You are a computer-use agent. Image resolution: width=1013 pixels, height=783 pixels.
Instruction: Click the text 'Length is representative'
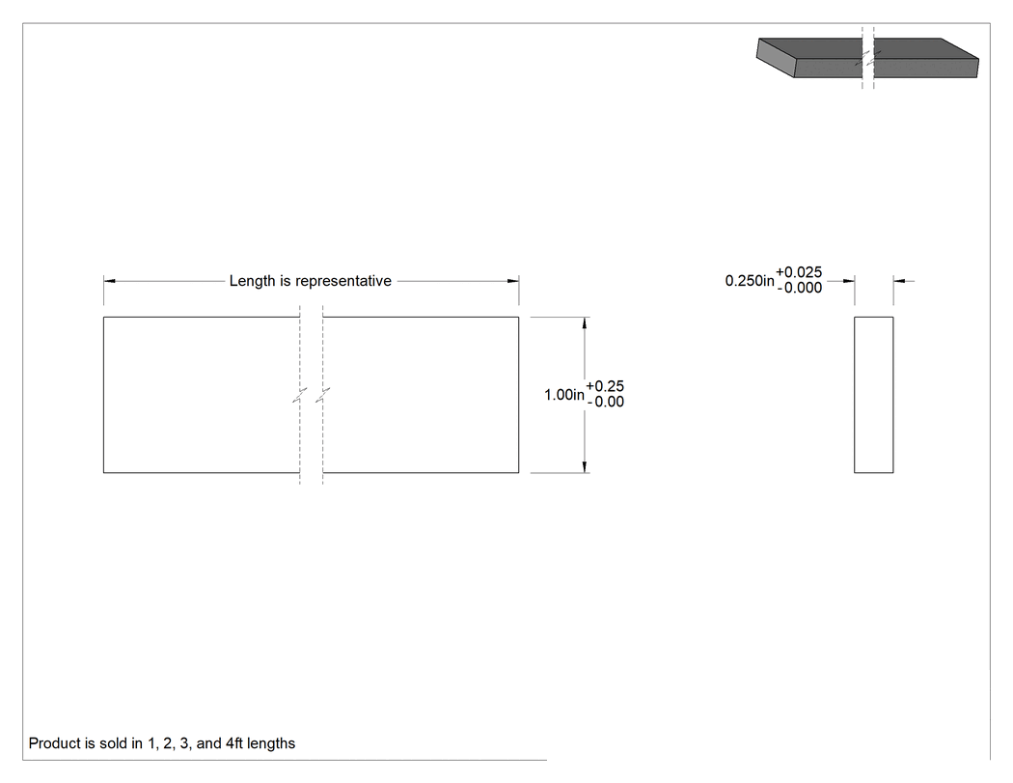coord(310,281)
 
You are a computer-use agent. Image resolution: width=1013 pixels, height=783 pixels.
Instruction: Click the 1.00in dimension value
coord(564,395)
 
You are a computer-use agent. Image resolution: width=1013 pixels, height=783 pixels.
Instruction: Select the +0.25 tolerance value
coord(605,386)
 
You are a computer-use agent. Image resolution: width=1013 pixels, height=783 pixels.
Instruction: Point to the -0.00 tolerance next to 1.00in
coord(605,403)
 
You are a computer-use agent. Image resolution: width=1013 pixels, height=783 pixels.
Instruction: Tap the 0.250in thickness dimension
coord(750,281)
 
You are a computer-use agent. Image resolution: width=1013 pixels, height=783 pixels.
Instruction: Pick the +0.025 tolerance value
coord(799,272)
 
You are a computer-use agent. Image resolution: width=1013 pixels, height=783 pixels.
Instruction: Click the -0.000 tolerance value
coord(800,288)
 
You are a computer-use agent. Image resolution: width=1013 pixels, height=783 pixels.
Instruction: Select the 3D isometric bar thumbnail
coord(867,58)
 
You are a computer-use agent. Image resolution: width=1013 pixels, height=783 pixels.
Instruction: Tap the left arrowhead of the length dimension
coord(109,281)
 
